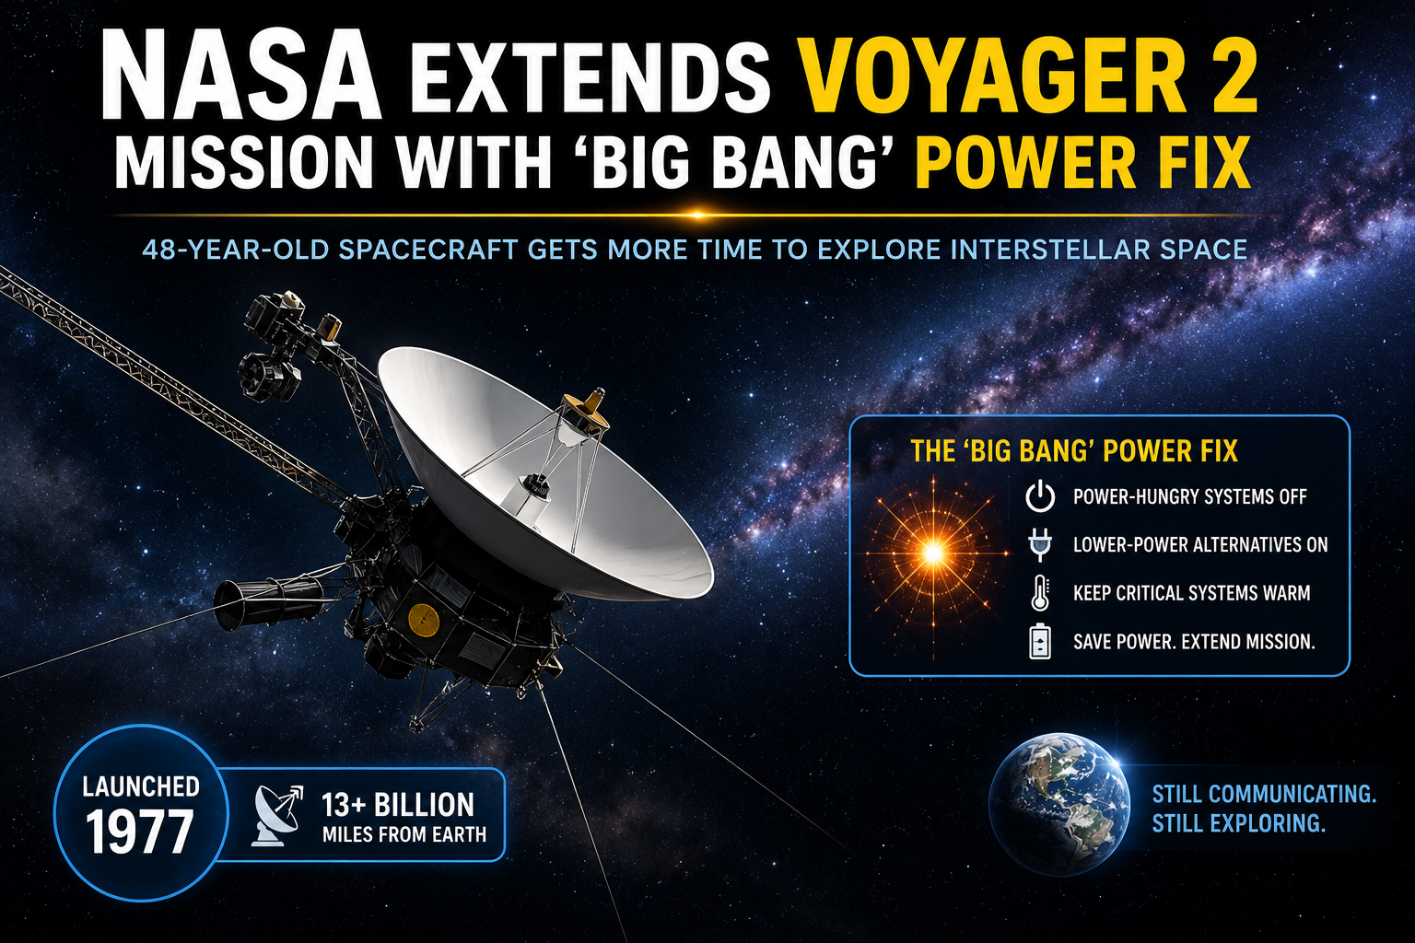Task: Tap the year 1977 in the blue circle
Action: pyautogui.click(x=139, y=832)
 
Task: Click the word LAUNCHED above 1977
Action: pyautogui.click(x=141, y=787)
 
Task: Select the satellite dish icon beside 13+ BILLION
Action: pyautogui.click(x=277, y=815)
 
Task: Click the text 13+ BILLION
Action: pyautogui.click(x=398, y=805)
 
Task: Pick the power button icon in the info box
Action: pyautogui.click(x=1040, y=496)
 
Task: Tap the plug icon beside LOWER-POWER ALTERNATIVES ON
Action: pyautogui.click(x=1040, y=545)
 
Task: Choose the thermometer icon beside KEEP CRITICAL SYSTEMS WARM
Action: pyautogui.click(x=1040, y=592)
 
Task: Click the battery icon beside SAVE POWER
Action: pyautogui.click(x=1040, y=641)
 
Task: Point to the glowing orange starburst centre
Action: pyautogui.click(x=933, y=553)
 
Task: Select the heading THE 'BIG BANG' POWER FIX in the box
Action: pyautogui.click(x=1074, y=451)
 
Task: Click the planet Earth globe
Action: pyautogui.click(x=1059, y=804)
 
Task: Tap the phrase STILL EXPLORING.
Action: pyautogui.click(x=1238, y=823)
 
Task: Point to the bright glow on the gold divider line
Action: pyautogui.click(x=697, y=215)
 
